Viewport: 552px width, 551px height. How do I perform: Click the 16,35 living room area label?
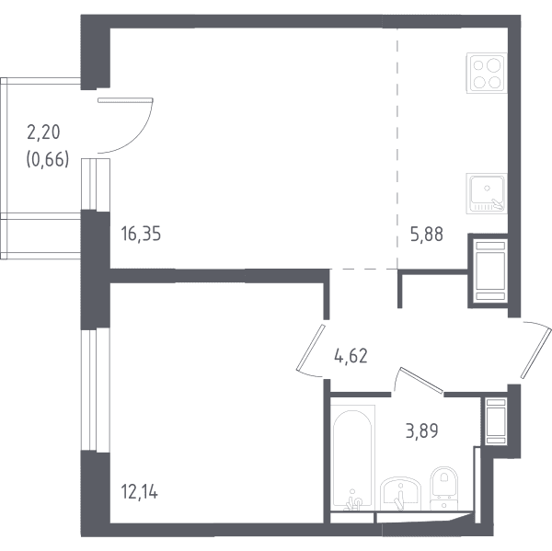[141, 234]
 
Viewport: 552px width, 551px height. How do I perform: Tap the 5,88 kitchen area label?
[427, 235]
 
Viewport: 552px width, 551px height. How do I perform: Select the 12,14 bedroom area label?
[140, 492]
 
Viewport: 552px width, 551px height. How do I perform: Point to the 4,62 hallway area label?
[351, 356]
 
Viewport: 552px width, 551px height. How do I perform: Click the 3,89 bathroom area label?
[421, 430]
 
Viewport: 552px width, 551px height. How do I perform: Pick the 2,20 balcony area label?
[43, 132]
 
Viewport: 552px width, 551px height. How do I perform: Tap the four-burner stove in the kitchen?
[487, 74]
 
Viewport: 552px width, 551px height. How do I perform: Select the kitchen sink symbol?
[487, 193]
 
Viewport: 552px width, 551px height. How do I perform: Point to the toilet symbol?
[444, 488]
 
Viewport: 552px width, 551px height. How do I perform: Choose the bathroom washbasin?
[400, 494]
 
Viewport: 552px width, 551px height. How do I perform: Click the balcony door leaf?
[125, 100]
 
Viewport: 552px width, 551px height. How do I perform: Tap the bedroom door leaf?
[311, 348]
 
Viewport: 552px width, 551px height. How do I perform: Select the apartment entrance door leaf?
[535, 353]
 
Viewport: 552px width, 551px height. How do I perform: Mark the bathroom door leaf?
[421, 380]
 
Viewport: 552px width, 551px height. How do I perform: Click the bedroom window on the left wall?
[96, 391]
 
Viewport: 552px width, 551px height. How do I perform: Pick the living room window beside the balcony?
[96, 185]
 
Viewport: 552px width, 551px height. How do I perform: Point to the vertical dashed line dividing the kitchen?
[397, 149]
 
